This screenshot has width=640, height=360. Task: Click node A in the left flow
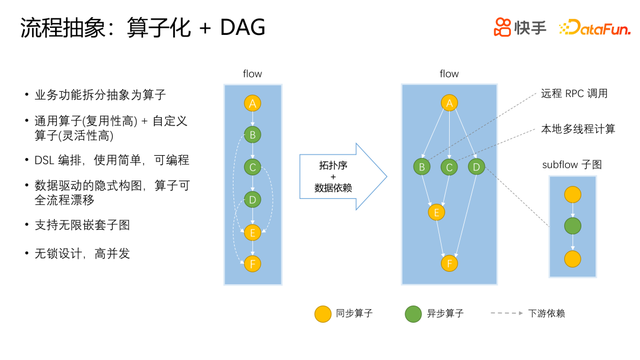point(252,103)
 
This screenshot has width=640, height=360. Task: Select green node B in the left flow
point(252,135)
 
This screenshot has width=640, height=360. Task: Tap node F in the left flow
point(252,264)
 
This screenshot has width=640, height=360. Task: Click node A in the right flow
point(449,103)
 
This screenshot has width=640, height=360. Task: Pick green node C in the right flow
point(449,167)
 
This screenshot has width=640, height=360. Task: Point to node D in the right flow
point(476,167)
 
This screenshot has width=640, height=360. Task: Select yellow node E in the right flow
point(436,212)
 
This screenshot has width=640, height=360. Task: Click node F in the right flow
point(449,263)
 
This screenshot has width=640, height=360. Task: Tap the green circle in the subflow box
point(572,226)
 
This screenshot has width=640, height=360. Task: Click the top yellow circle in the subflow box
point(572,195)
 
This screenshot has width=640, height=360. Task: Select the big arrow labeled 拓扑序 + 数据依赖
point(343,177)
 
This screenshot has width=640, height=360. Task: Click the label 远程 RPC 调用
point(574,94)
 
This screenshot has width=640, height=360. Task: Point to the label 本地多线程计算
point(578,129)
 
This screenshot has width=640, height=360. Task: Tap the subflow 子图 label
point(572,165)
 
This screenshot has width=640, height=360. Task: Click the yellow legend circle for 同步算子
point(322,314)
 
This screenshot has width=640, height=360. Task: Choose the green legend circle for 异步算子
point(413,314)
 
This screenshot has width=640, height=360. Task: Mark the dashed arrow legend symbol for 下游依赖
point(507,313)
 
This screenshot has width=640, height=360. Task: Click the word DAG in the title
point(242,28)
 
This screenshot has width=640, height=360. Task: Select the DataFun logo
point(595,27)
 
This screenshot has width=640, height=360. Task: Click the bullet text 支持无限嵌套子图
point(82,225)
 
